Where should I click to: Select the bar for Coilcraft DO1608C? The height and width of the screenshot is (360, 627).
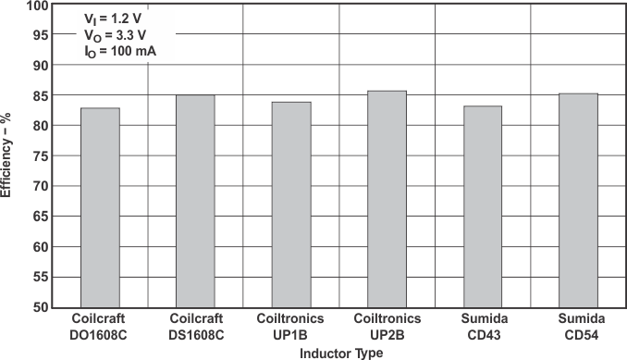100,207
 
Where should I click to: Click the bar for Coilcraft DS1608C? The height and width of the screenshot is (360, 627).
195,201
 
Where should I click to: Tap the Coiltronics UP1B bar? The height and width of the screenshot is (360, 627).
291,205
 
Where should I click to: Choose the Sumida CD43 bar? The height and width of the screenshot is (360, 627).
483,206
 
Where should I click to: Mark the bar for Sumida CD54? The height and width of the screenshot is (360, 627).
578,200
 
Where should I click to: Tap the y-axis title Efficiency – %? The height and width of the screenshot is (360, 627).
8,155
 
